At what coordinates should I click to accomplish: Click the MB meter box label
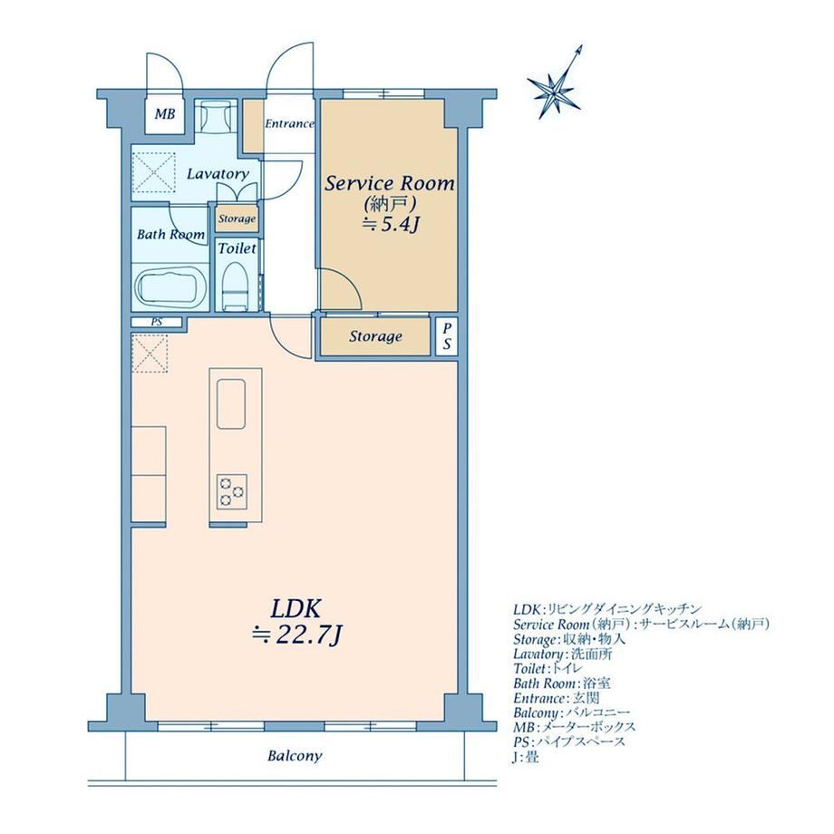[x=165, y=114]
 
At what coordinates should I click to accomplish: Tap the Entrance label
[x=289, y=124]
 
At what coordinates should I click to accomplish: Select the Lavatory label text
[x=218, y=174]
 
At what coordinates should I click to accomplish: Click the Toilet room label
[x=238, y=248]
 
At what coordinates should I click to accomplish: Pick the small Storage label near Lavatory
[x=238, y=218]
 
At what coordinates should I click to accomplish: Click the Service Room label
[x=390, y=183]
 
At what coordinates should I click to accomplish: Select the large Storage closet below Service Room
[x=375, y=336]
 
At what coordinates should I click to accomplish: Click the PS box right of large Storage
[x=447, y=336]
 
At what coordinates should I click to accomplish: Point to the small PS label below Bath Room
[x=156, y=322]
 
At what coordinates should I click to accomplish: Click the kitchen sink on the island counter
[x=231, y=403]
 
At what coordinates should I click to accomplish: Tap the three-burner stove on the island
[x=232, y=491]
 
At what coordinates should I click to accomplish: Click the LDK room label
[x=296, y=608]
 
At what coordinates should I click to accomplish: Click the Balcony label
[x=295, y=756]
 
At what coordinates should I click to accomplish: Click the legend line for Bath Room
[x=562, y=684]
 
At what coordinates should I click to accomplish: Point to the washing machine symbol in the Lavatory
[x=154, y=172]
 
